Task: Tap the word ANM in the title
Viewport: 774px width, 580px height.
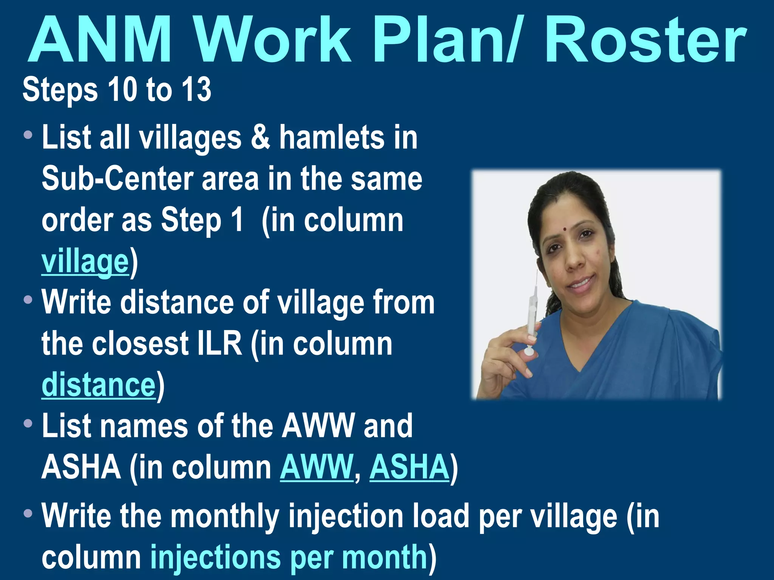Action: [100, 41]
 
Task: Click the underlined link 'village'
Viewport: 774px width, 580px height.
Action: [85, 261]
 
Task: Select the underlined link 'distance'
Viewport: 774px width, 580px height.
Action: [99, 385]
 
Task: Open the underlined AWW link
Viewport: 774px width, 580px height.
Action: [316, 467]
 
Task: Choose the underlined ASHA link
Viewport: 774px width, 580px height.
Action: [409, 467]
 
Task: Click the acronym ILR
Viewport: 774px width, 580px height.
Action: [220, 343]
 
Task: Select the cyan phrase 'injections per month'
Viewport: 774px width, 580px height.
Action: [289, 557]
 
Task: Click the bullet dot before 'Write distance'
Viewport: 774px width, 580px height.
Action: [28, 300]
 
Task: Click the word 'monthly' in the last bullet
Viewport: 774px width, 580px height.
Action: [225, 516]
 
